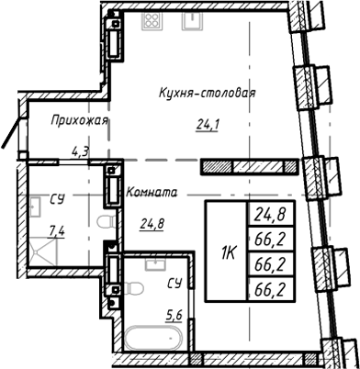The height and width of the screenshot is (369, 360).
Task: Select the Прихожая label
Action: pos(80,120)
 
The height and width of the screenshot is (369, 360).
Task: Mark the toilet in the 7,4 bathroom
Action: pos(103,223)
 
